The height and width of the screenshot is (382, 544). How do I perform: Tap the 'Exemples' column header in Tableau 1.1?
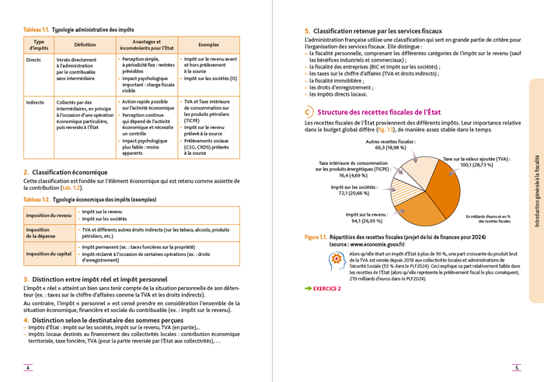[208, 44]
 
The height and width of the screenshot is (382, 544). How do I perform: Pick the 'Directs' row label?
[34, 59]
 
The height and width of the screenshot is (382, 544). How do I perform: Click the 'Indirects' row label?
[35, 102]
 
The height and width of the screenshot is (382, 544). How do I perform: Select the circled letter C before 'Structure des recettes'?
[309, 113]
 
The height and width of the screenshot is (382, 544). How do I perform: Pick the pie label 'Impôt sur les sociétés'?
[354, 187]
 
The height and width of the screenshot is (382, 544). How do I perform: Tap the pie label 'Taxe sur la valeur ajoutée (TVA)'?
[476, 159]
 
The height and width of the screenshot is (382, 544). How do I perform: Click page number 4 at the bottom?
[28, 368]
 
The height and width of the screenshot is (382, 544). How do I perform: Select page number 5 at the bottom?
[516, 368]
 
